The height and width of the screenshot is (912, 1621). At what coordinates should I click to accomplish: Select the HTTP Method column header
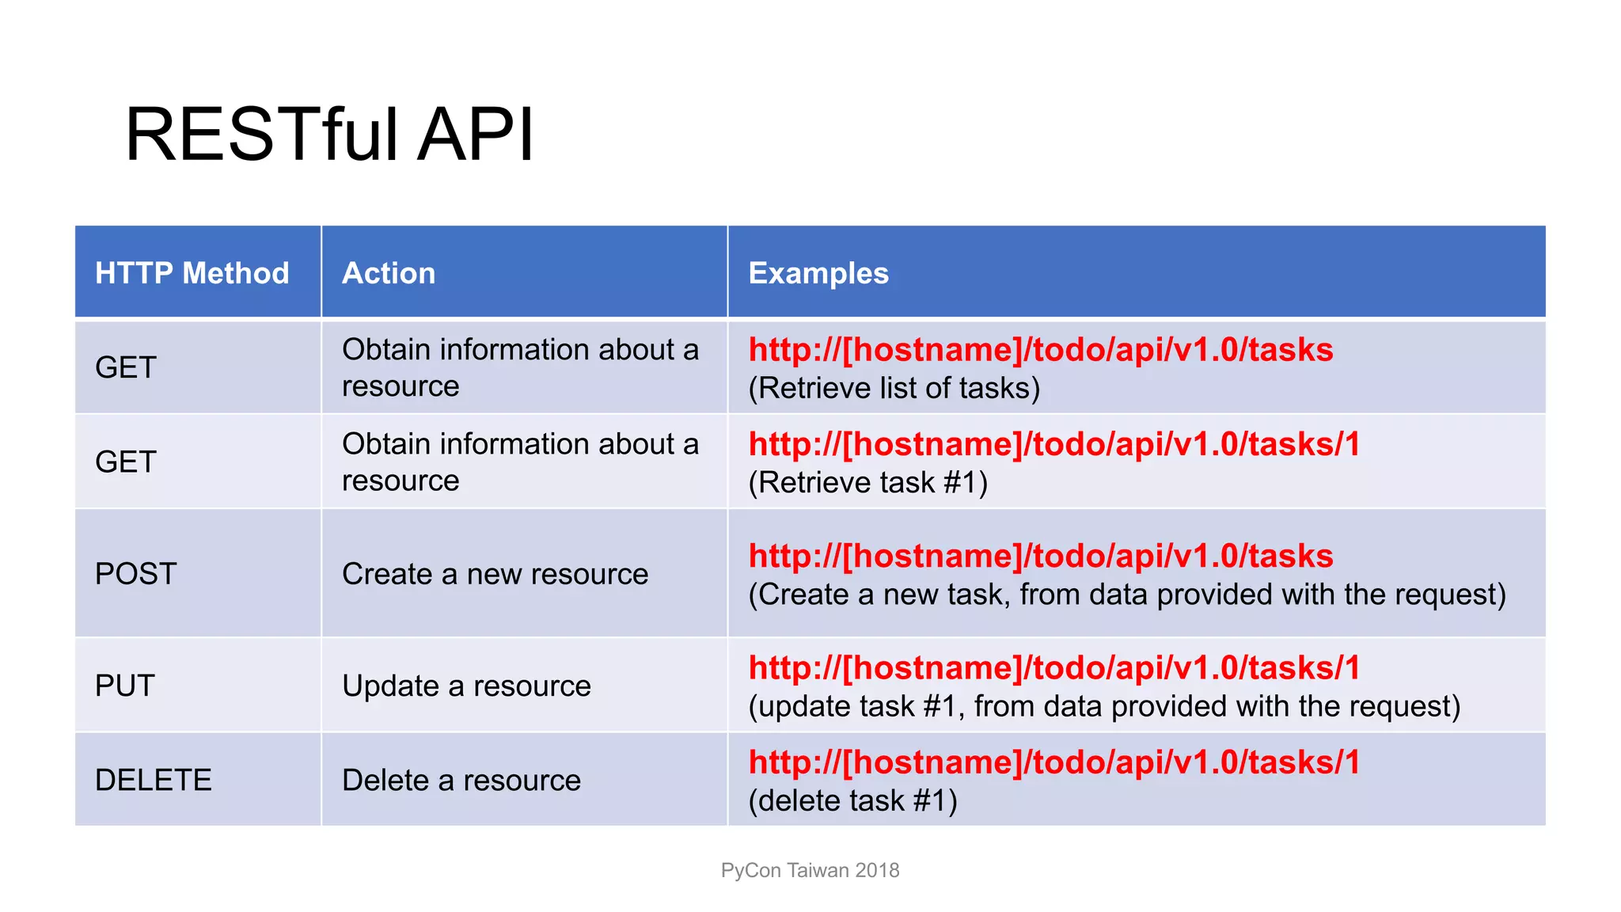coord(192,273)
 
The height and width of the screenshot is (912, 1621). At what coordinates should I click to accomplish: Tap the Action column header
coord(389,273)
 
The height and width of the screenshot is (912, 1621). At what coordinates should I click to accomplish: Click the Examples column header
coord(818,273)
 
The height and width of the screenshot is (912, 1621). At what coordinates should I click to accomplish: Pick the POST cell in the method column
coord(135,573)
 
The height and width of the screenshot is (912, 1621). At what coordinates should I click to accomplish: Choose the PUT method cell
coord(125,686)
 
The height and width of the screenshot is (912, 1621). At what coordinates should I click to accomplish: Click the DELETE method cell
coord(154,780)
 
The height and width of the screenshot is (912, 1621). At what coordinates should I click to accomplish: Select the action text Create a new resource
coord(495,574)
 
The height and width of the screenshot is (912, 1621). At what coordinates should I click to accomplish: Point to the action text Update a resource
coord(466,686)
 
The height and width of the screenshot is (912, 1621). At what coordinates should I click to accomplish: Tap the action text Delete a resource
coord(461,780)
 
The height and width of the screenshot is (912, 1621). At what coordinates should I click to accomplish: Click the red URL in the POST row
coord(1040,556)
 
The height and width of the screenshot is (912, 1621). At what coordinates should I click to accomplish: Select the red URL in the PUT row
coord(1053,667)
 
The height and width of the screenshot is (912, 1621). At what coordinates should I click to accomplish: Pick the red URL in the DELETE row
coord(1053,762)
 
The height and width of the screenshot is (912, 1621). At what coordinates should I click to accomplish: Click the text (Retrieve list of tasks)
coord(894,388)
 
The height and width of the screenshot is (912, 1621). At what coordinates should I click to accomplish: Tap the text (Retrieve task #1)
coord(867,482)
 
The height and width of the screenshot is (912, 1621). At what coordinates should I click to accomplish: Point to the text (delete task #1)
coord(852,800)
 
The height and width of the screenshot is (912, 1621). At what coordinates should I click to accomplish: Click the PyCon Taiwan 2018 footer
coord(810,870)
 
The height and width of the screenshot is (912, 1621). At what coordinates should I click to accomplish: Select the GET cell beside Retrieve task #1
coord(126,462)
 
